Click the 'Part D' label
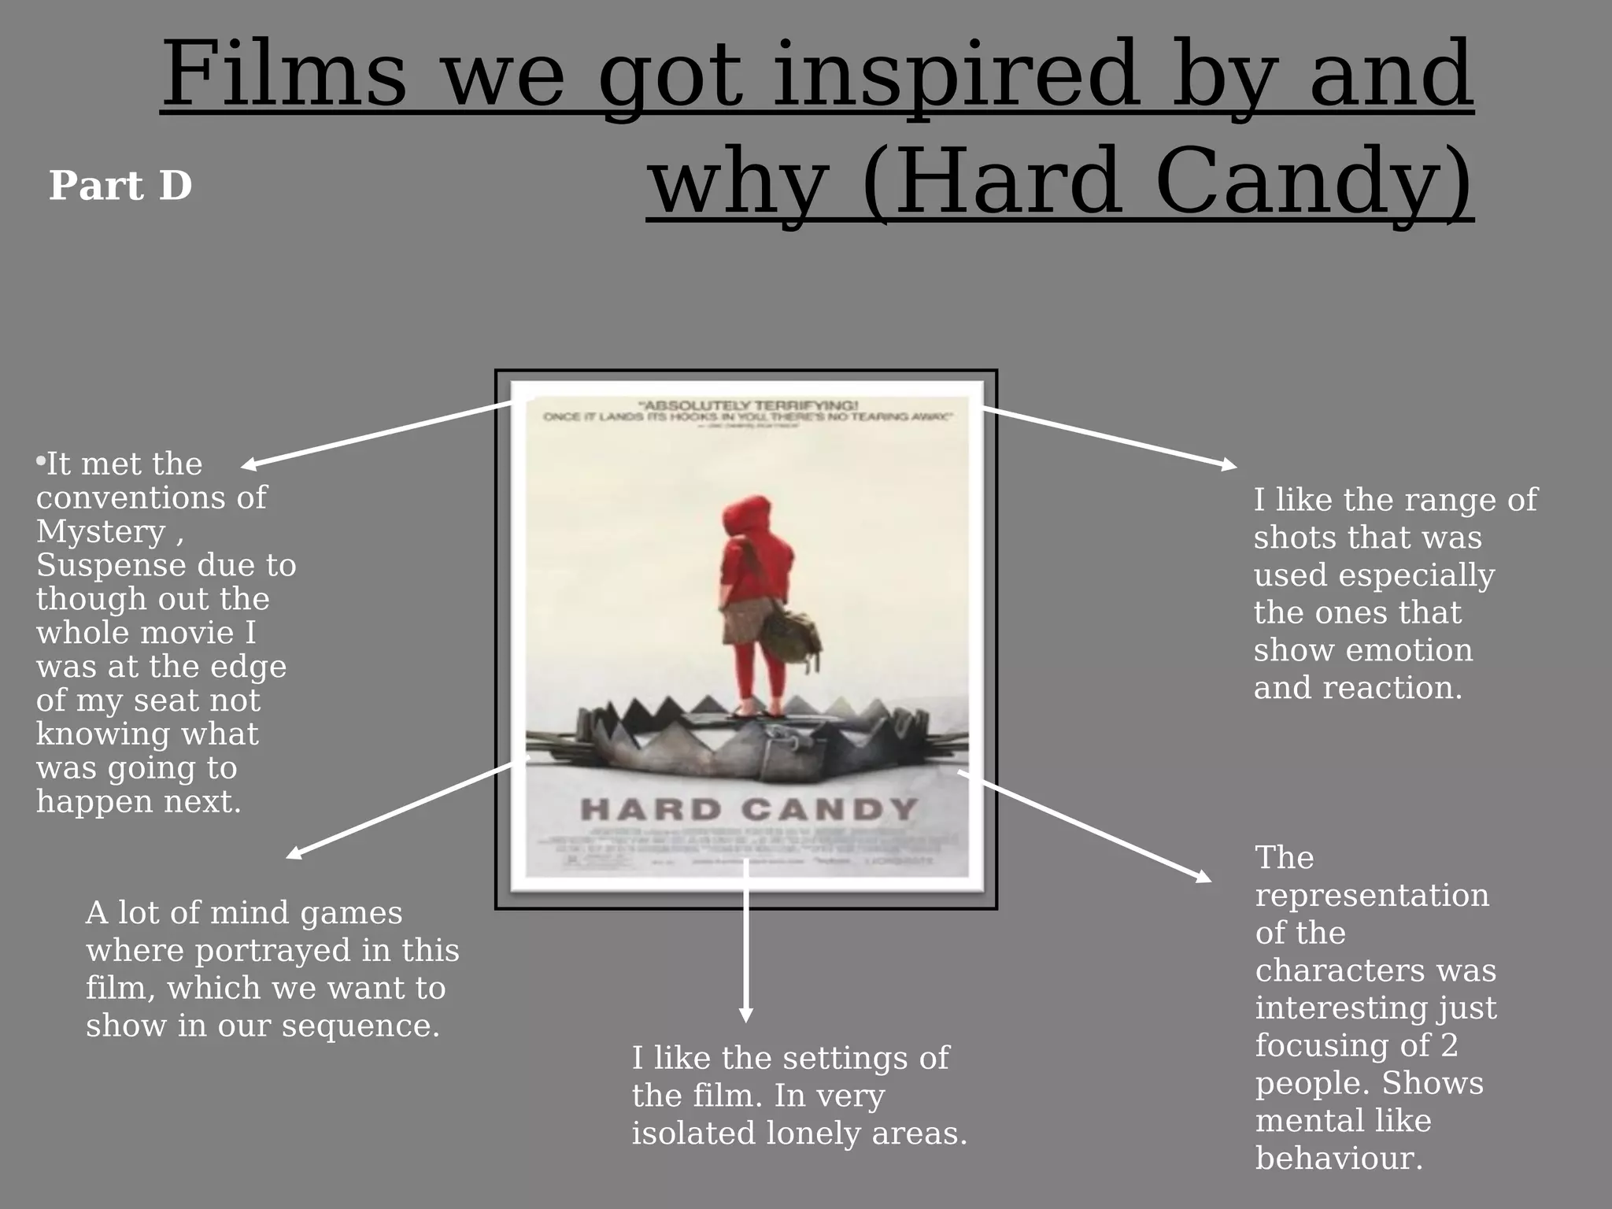coord(120,186)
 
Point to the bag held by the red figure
coord(791,634)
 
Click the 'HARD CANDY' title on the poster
coord(749,808)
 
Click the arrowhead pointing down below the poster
coord(745,1015)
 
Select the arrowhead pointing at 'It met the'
coord(249,464)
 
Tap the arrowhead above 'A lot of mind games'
coord(294,853)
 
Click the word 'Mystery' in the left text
coord(101,532)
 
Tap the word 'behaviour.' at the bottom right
coord(1339,1158)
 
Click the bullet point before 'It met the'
coord(40,461)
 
